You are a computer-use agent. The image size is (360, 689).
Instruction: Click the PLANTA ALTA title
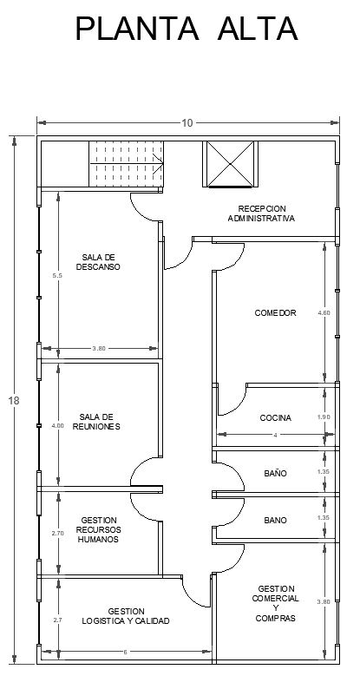(187, 29)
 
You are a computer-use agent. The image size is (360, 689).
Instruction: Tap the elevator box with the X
(230, 164)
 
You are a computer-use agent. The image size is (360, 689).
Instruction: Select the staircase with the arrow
(127, 164)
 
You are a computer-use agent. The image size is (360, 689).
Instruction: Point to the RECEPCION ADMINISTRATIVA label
(262, 213)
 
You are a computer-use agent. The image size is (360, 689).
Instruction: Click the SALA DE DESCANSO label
(98, 262)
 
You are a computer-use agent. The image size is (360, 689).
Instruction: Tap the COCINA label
(275, 418)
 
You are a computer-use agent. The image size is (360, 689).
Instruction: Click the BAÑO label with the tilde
(275, 473)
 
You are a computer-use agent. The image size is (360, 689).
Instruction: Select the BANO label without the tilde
(275, 521)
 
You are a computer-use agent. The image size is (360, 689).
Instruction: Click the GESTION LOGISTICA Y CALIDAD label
(126, 616)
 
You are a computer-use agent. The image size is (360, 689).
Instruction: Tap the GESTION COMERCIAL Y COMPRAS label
(276, 603)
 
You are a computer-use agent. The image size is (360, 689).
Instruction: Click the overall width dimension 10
(187, 123)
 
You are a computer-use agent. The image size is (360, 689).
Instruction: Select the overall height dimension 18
(14, 401)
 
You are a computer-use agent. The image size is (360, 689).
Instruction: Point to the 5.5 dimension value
(58, 275)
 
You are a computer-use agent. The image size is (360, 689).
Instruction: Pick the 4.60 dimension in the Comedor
(324, 313)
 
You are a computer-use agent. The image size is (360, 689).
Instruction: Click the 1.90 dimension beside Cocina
(324, 417)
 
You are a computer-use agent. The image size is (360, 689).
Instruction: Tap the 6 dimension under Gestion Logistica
(125, 653)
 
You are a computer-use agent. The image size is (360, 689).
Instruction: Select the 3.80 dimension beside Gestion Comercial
(324, 602)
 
